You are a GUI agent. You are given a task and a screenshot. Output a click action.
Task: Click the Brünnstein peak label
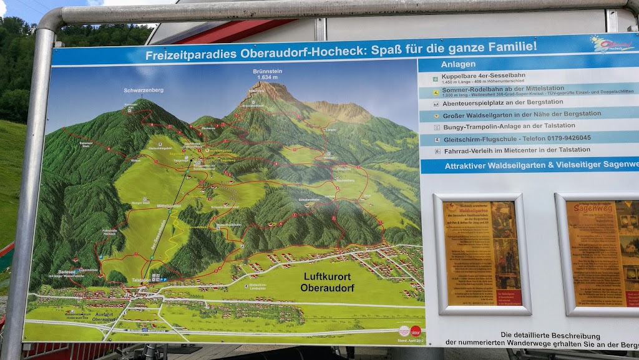coord(268,72)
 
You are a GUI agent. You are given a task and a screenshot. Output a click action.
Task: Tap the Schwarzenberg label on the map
coord(144,90)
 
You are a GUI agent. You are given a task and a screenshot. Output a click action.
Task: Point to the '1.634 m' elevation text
coord(268,78)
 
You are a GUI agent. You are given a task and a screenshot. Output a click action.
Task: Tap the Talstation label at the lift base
coord(144,281)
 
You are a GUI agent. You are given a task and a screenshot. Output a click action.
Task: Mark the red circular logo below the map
coord(416,331)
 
